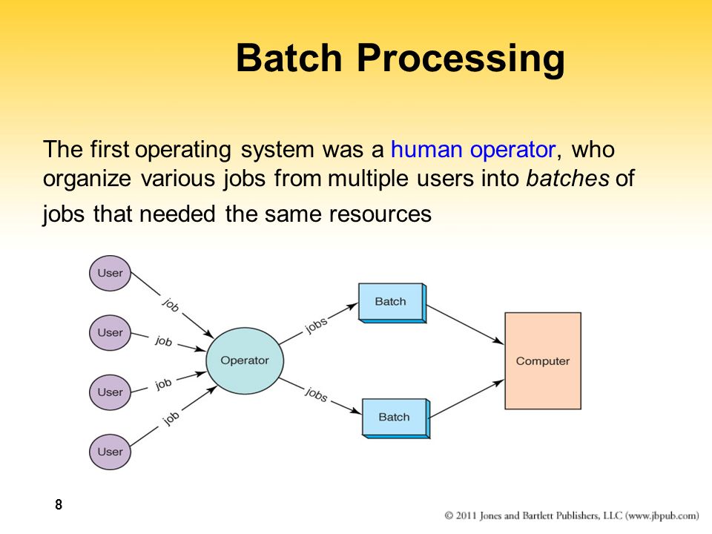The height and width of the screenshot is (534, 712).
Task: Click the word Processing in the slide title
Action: [460, 59]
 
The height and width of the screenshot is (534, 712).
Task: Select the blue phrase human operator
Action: [472, 149]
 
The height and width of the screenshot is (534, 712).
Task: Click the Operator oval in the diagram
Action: [244, 361]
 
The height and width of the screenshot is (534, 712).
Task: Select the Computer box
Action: [542, 361]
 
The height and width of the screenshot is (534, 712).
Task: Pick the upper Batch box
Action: [391, 301]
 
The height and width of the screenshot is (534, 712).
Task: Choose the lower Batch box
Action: [395, 417]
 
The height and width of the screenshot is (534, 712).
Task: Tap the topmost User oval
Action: [110, 273]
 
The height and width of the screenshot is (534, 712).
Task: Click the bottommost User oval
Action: [110, 451]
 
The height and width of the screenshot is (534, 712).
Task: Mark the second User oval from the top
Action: [110, 332]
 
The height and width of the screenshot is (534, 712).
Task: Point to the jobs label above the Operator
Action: [316, 326]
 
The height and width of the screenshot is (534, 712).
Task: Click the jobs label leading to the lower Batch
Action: [316, 394]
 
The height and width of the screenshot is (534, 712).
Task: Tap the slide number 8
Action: [59, 506]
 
